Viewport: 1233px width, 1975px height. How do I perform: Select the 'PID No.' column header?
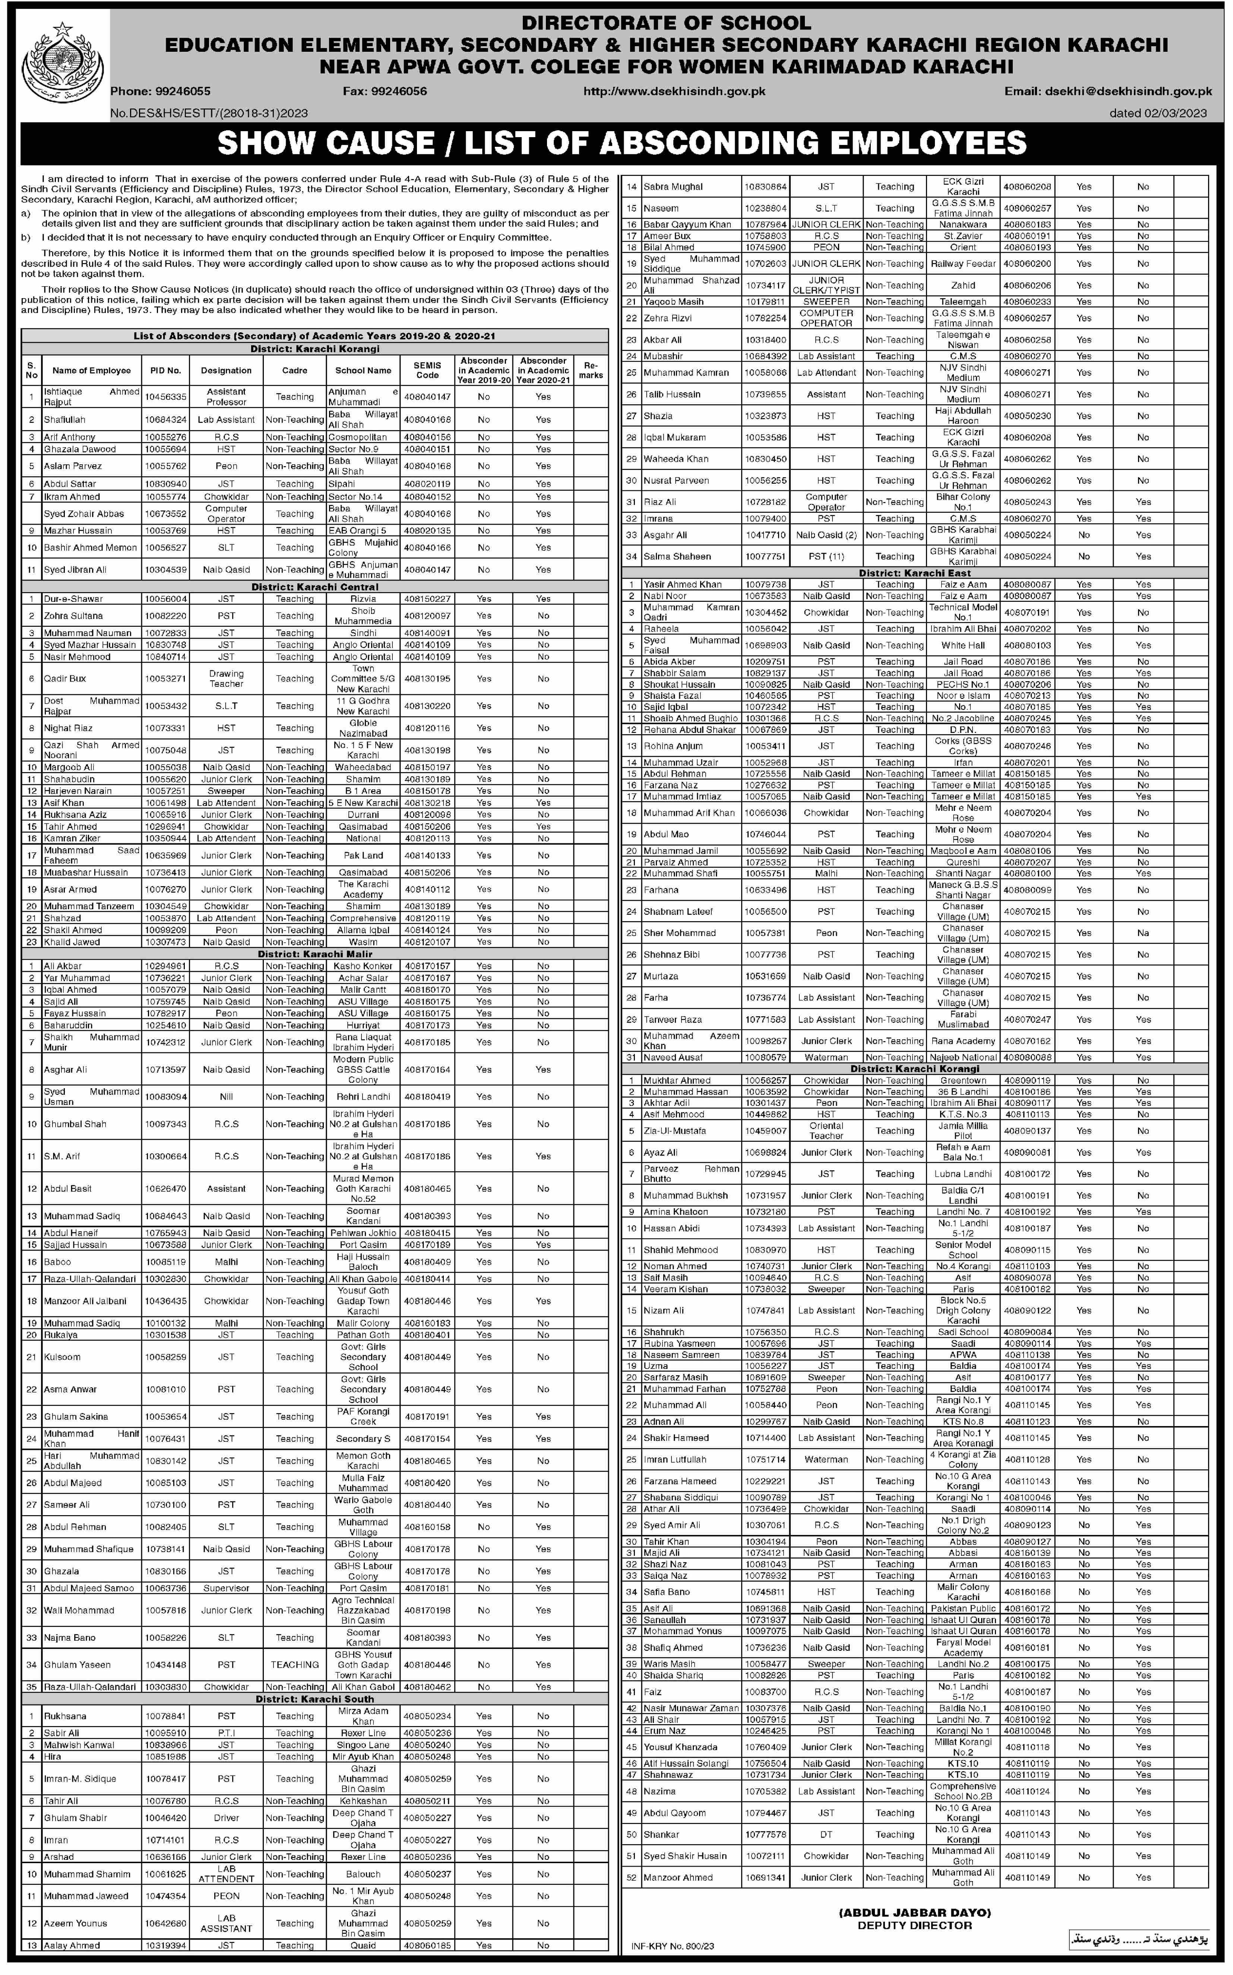(x=165, y=370)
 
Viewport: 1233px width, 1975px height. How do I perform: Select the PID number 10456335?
(x=165, y=396)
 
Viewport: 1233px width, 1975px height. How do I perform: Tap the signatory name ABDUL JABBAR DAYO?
(x=914, y=1906)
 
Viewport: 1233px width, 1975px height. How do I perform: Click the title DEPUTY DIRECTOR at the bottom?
(x=914, y=1919)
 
